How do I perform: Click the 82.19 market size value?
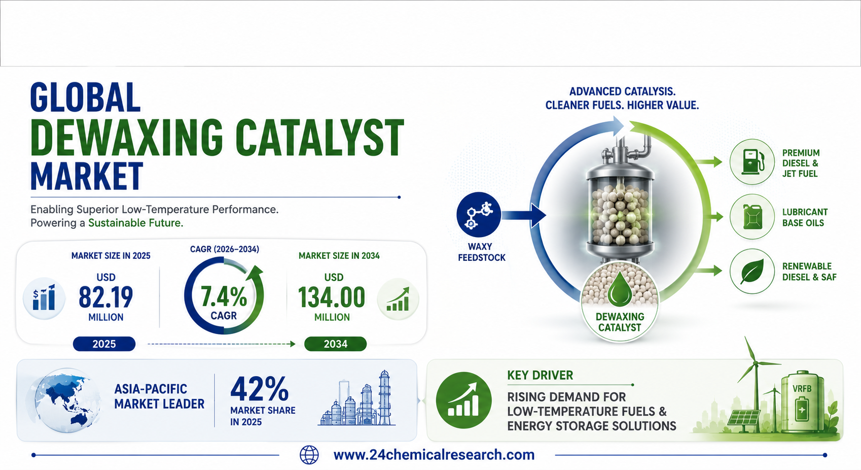pyautogui.click(x=105, y=297)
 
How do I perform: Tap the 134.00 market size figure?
pyautogui.click(x=332, y=297)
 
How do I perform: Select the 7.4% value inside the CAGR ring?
pyautogui.click(x=224, y=297)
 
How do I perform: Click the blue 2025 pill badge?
pyautogui.click(x=104, y=344)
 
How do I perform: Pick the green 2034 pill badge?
pyautogui.click(x=336, y=344)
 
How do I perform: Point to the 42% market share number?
pyautogui.click(x=260, y=389)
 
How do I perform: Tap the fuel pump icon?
pyautogui.click(x=752, y=161)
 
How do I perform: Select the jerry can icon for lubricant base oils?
pyautogui.click(x=752, y=217)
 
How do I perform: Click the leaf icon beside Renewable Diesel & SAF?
pyautogui.click(x=752, y=271)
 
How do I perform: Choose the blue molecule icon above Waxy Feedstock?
pyautogui.click(x=479, y=214)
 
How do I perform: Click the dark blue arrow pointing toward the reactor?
pyautogui.click(x=523, y=215)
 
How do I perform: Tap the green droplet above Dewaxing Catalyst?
pyautogui.click(x=620, y=288)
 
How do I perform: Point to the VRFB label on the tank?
pyautogui.click(x=802, y=389)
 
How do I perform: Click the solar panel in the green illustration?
pyautogui.click(x=744, y=418)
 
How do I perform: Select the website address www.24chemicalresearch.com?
pyautogui.click(x=434, y=455)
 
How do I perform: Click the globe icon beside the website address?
pyautogui.click(x=309, y=455)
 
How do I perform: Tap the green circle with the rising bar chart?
pyautogui.click(x=463, y=400)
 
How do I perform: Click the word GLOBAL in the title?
pyautogui.click(x=85, y=97)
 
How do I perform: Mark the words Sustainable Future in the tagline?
pyautogui.click(x=136, y=223)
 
